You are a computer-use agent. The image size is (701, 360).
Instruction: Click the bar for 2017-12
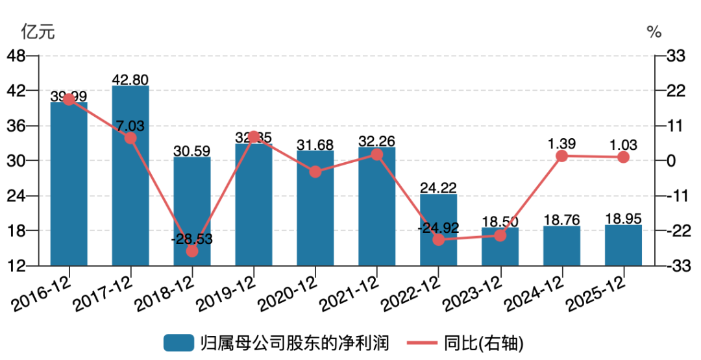[x=130, y=175]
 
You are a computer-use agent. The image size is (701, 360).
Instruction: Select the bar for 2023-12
[x=500, y=246]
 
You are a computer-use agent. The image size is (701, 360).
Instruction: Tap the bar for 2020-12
[x=315, y=208]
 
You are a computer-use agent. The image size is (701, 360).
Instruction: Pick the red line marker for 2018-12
[x=192, y=251]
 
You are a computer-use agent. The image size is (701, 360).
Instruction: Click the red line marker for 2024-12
[x=562, y=156]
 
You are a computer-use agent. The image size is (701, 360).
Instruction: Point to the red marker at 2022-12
[x=439, y=239]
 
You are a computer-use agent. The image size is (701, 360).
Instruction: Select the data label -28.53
[x=192, y=239]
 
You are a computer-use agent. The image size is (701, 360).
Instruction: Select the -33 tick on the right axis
[x=675, y=266]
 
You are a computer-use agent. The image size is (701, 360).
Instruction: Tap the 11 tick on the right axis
[x=675, y=126]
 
